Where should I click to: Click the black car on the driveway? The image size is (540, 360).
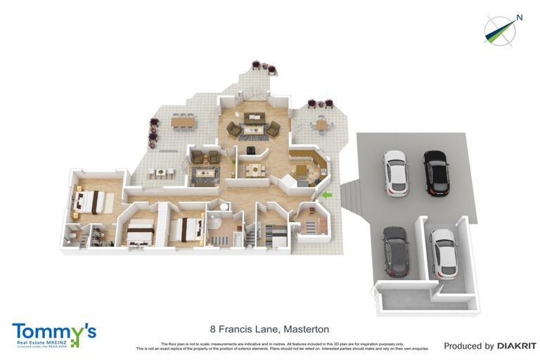tap(435, 172)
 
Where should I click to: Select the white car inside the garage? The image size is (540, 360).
tap(443, 253)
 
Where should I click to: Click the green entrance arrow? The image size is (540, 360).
tap(326, 195)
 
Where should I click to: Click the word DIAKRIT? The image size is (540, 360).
tap(517, 346)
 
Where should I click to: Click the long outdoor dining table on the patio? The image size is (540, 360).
tap(184, 122)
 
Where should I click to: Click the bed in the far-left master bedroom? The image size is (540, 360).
tap(91, 202)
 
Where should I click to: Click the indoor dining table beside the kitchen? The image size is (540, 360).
tap(250, 169)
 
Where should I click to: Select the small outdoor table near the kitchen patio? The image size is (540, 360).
tap(321, 125)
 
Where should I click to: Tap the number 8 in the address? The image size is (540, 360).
tap(213, 328)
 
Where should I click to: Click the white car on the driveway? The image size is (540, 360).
tap(396, 172)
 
